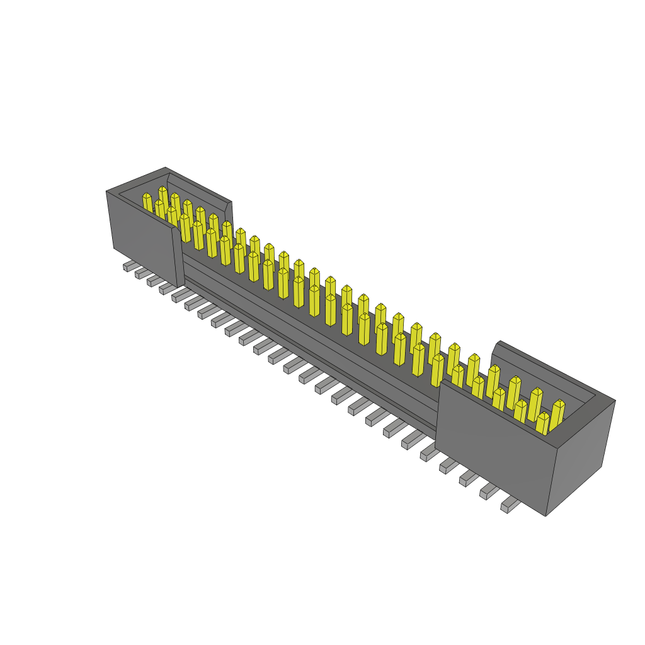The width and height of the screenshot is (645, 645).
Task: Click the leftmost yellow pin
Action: coord(147,203)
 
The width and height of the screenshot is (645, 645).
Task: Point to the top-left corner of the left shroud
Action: coord(106,191)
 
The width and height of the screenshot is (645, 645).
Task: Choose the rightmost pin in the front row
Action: coord(542,423)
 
